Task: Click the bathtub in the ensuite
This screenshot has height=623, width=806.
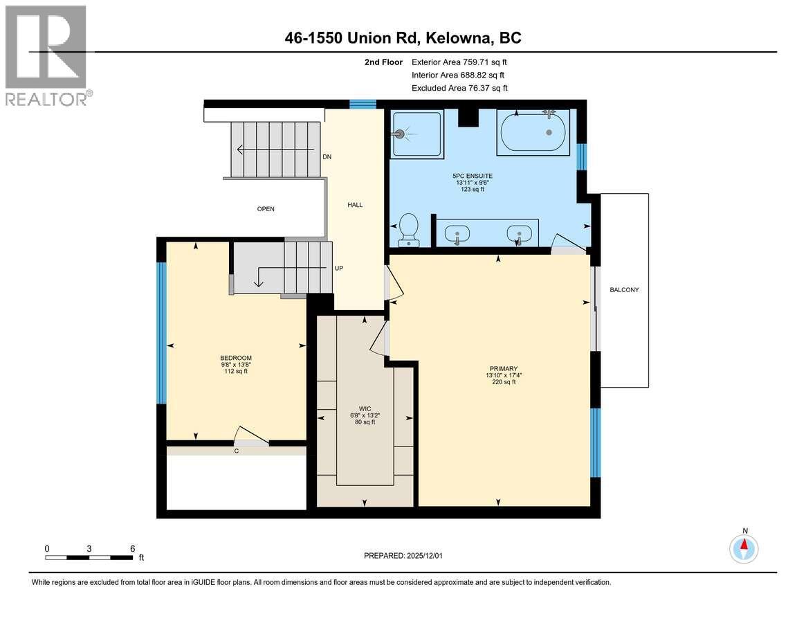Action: (x=533, y=132)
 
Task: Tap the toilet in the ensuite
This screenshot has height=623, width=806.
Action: (x=409, y=229)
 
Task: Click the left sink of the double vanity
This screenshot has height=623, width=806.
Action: (x=457, y=235)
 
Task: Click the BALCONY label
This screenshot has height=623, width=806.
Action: (x=624, y=290)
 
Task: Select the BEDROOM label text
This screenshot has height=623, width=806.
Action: (x=236, y=357)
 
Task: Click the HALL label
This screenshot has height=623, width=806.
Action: (x=355, y=204)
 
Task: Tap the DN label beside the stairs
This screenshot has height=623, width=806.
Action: (x=327, y=157)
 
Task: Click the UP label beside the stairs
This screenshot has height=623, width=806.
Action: (x=339, y=268)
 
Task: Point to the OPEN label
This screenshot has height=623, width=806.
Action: (x=266, y=209)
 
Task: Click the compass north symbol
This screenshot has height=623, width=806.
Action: (x=744, y=548)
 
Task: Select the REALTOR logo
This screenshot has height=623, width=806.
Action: (x=46, y=55)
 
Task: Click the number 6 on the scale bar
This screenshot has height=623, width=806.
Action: (x=132, y=548)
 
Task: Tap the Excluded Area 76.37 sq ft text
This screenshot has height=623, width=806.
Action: (x=459, y=88)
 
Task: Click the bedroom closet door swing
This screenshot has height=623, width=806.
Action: (x=252, y=436)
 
